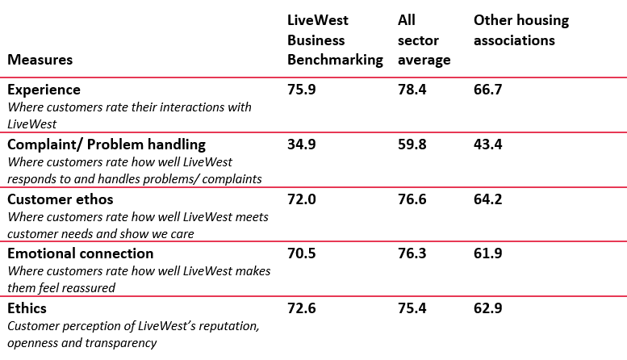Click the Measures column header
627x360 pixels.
point(40,60)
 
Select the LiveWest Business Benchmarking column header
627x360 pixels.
point(335,40)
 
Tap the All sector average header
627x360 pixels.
point(424,40)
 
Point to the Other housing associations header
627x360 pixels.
point(520,31)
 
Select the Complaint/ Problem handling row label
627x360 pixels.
point(107,144)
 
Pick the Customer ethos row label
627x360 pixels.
point(61,199)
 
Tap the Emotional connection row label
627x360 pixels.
point(81,253)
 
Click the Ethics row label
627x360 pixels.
point(27,308)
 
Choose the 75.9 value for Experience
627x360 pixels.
point(301,90)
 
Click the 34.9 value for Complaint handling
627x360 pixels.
point(301,144)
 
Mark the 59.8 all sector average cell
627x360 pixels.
point(412,144)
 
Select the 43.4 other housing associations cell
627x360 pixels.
point(487,144)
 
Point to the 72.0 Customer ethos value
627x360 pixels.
point(301,199)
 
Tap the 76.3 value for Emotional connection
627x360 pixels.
point(412,253)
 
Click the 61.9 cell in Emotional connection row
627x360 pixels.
point(487,253)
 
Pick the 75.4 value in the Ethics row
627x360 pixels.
point(412,308)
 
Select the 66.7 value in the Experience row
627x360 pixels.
point(487,90)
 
